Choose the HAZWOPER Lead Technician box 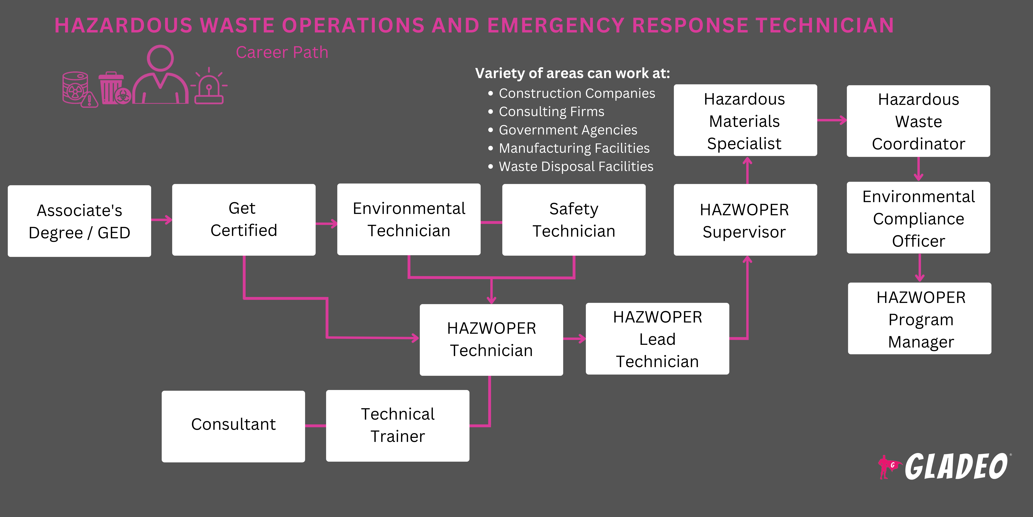(x=657, y=339)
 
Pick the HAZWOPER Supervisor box (x=745, y=220)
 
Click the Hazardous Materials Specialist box (x=745, y=120)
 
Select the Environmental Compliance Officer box (x=918, y=218)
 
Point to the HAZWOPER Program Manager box (x=920, y=319)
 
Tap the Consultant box (x=233, y=426)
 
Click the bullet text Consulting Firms (x=551, y=112)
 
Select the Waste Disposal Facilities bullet (x=576, y=167)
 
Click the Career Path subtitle (x=282, y=53)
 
